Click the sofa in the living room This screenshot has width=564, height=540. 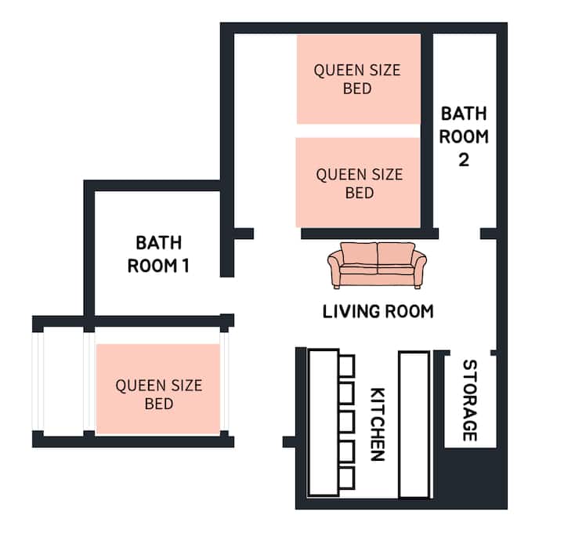377,266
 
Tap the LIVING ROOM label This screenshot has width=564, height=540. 378,312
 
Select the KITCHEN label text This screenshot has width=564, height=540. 378,424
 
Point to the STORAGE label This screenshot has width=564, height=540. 470,400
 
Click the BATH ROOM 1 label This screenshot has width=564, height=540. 158,255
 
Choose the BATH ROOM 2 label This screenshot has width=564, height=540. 464,136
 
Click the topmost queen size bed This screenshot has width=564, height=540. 359,79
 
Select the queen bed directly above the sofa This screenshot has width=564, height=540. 358,183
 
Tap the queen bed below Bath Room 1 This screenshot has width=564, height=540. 158,390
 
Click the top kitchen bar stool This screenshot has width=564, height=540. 347,366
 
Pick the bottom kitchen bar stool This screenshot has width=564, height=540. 347,478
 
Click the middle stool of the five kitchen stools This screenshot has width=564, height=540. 347,422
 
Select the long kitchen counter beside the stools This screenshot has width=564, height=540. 324,422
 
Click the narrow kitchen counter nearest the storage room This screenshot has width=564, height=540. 414,424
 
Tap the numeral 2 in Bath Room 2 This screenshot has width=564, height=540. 464,160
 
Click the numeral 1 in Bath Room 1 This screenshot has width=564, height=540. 186,266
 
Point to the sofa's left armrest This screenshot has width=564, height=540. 334,268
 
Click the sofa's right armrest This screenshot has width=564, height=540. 420,268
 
